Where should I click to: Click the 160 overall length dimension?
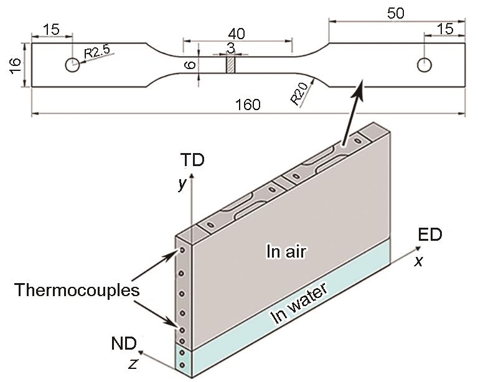point(248,105)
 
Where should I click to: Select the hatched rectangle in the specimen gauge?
point(230,65)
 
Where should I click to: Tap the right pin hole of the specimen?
point(425,64)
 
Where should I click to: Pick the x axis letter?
point(418,262)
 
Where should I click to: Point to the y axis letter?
point(182,185)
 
